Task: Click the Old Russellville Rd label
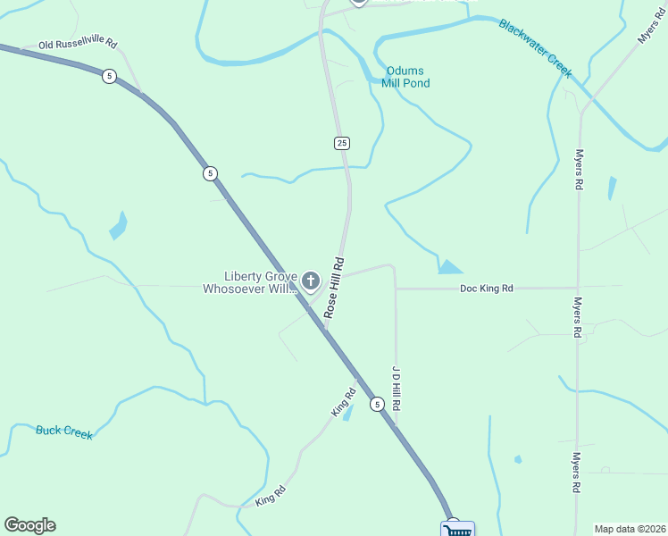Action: (78, 43)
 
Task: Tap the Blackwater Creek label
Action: (536, 49)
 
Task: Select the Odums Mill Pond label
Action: (405, 77)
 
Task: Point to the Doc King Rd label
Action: (486, 289)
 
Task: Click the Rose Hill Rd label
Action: (334, 289)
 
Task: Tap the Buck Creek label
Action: (64, 432)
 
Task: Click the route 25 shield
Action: (342, 143)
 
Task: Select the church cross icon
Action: (311, 282)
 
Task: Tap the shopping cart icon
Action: (456, 530)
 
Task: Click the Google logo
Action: (29, 525)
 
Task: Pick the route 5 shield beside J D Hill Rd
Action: (378, 405)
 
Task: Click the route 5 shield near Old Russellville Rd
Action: (109, 76)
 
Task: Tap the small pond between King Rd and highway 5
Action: (348, 412)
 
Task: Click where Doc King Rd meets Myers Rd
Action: (579, 288)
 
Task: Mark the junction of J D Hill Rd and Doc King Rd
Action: (396, 289)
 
